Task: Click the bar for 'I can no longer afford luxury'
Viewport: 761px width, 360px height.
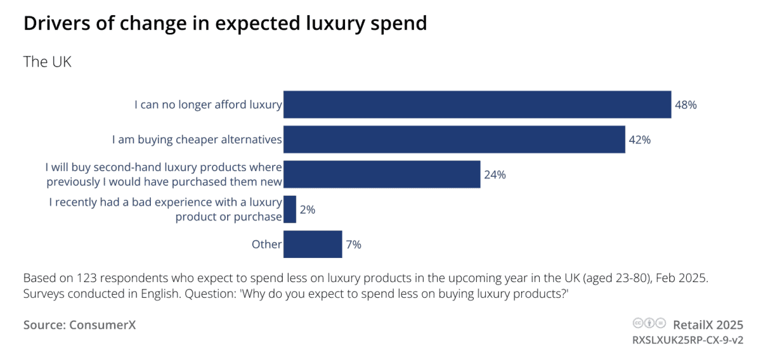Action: click(x=477, y=105)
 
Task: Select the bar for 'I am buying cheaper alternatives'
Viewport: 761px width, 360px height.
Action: click(x=454, y=139)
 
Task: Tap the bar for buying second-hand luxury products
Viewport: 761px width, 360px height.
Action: click(x=382, y=174)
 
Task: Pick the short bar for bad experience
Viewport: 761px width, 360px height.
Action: click(x=290, y=209)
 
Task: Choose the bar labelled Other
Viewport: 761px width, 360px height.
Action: click(x=313, y=244)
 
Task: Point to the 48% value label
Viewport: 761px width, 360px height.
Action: click(x=686, y=105)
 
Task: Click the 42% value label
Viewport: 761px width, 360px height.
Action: click(x=639, y=140)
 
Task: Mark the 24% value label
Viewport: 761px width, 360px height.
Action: click(x=495, y=175)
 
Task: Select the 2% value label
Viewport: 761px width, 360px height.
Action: click(x=308, y=210)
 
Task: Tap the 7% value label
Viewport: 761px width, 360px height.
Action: click(x=353, y=245)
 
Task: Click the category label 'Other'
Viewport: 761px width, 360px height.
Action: click(x=266, y=244)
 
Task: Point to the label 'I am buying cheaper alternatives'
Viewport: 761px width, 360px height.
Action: click(x=197, y=139)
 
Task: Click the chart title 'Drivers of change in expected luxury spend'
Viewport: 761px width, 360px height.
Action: click(x=225, y=23)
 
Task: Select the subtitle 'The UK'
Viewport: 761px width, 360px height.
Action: click(x=48, y=62)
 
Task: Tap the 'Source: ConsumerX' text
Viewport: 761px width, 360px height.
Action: click(x=80, y=325)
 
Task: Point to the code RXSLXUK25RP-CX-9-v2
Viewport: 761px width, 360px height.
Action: click(x=687, y=340)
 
